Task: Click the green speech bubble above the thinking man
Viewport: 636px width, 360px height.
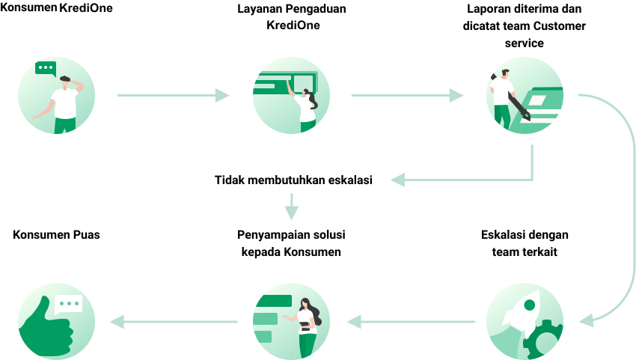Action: [46, 68]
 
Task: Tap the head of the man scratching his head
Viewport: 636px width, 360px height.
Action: [66, 82]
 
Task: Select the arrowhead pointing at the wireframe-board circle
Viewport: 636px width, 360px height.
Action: [222, 96]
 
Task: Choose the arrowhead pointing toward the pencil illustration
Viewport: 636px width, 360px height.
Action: [456, 96]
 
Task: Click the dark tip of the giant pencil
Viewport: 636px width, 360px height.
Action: [525, 116]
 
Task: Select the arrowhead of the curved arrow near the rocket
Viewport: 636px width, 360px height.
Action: [586, 320]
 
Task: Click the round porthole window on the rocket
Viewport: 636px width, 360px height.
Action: [530, 305]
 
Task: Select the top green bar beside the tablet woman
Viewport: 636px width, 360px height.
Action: [273, 302]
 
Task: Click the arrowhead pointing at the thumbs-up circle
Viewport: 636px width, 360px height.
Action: [117, 322]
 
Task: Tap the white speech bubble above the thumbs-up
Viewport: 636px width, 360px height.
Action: [68, 305]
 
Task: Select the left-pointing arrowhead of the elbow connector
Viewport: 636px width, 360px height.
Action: [397, 180]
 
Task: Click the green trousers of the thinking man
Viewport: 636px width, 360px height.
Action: [65, 125]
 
